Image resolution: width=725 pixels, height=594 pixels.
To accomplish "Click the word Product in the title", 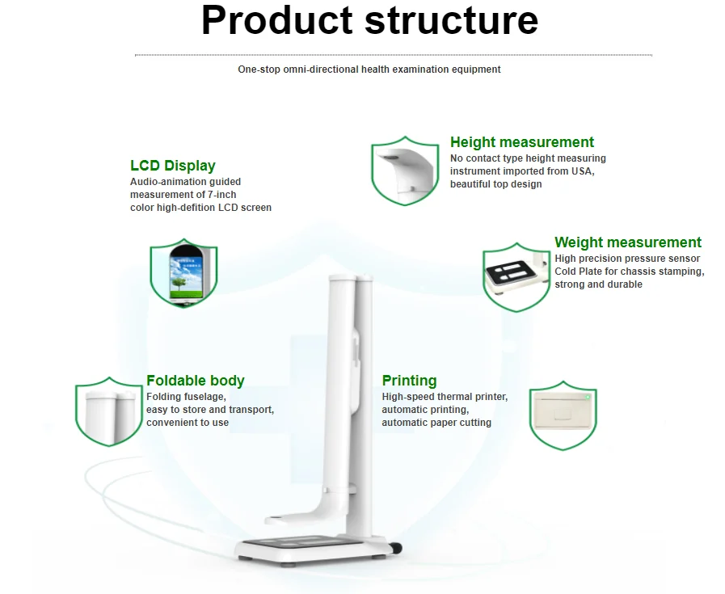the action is [277, 20].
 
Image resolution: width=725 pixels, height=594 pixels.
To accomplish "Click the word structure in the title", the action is [451, 21].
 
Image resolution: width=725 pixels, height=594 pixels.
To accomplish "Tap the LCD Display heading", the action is [173, 166].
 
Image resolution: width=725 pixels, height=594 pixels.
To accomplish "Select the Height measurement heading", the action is [522, 142].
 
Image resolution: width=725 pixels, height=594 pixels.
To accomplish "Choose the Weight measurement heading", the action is [628, 242].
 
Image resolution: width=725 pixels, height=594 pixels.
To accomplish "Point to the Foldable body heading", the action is [195, 381].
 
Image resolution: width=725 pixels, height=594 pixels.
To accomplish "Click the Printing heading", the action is [409, 381].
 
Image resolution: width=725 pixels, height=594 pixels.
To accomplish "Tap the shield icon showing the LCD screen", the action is [183, 272].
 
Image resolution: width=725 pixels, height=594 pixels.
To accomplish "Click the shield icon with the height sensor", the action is [405, 171].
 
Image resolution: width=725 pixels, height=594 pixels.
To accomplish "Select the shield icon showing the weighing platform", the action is [516, 277].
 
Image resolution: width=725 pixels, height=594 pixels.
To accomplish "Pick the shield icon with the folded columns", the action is [109, 411].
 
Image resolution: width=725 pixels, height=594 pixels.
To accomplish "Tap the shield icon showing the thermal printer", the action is [563, 415].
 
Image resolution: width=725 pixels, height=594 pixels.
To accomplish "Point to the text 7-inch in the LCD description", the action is [222, 195].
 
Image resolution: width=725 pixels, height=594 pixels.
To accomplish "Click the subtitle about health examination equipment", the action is [369, 70].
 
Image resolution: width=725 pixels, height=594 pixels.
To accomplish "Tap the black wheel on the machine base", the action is [397, 549].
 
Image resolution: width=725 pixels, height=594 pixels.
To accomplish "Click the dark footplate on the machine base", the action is [303, 541].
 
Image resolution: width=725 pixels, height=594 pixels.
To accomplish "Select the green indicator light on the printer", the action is [588, 397].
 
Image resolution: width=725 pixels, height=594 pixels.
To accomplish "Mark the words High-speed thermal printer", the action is [445, 397].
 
